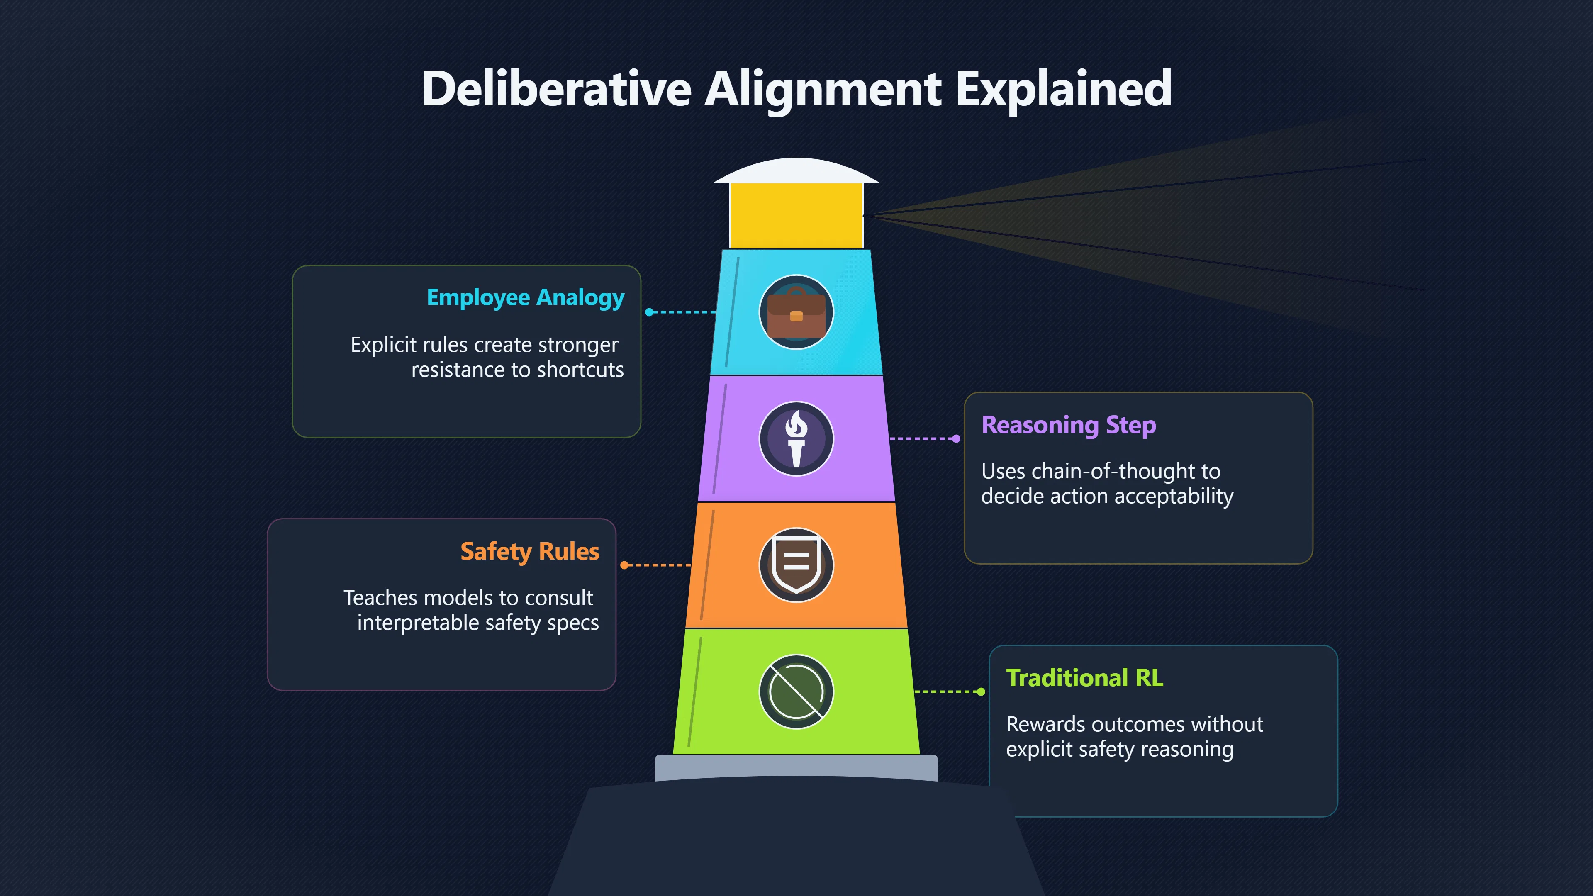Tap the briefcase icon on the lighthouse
(796, 312)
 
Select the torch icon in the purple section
(796, 438)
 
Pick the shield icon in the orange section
(796, 565)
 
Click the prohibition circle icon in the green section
(796, 691)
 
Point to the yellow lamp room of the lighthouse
(796, 216)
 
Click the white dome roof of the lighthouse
(796, 170)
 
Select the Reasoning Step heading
(1069, 426)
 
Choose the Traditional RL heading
(1085, 678)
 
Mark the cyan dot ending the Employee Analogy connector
(649, 312)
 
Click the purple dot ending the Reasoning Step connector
(957, 438)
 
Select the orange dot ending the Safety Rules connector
(624, 565)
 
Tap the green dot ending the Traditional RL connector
(982, 691)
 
